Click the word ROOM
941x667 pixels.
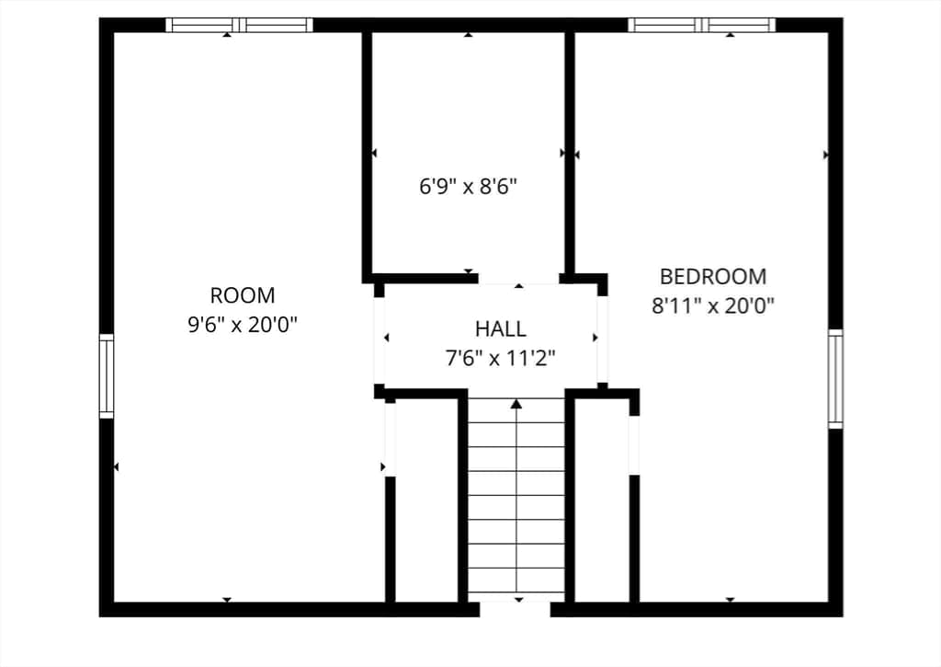click(x=243, y=295)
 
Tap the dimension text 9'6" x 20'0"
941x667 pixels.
click(x=243, y=325)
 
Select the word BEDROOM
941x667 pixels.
click(x=713, y=276)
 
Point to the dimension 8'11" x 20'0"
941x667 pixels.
click(x=713, y=305)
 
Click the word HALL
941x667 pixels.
click(x=501, y=328)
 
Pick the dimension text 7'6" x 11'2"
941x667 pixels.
click(x=500, y=358)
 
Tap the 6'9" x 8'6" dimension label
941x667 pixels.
click(x=468, y=186)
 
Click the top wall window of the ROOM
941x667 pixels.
click(x=240, y=25)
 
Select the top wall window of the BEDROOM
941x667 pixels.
click(x=702, y=25)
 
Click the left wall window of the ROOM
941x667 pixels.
click(x=107, y=376)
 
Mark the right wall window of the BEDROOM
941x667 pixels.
click(x=835, y=378)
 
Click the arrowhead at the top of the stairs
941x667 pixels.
click(x=516, y=404)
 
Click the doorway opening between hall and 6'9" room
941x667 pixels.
click(x=518, y=279)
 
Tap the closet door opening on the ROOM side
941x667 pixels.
click(x=390, y=440)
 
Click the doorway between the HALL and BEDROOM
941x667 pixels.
click(x=603, y=339)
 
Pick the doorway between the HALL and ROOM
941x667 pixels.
click(x=380, y=340)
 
